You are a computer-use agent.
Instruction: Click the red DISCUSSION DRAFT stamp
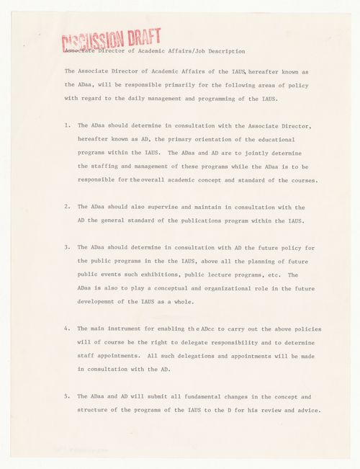click(x=111, y=40)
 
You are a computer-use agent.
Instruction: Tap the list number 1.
click(x=66, y=125)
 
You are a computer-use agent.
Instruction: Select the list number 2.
click(x=66, y=206)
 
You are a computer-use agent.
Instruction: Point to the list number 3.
click(x=66, y=247)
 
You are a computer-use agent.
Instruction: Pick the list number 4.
click(x=66, y=329)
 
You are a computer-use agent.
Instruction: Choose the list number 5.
click(x=66, y=397)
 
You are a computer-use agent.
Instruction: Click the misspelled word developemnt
click(x=102, y=302)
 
